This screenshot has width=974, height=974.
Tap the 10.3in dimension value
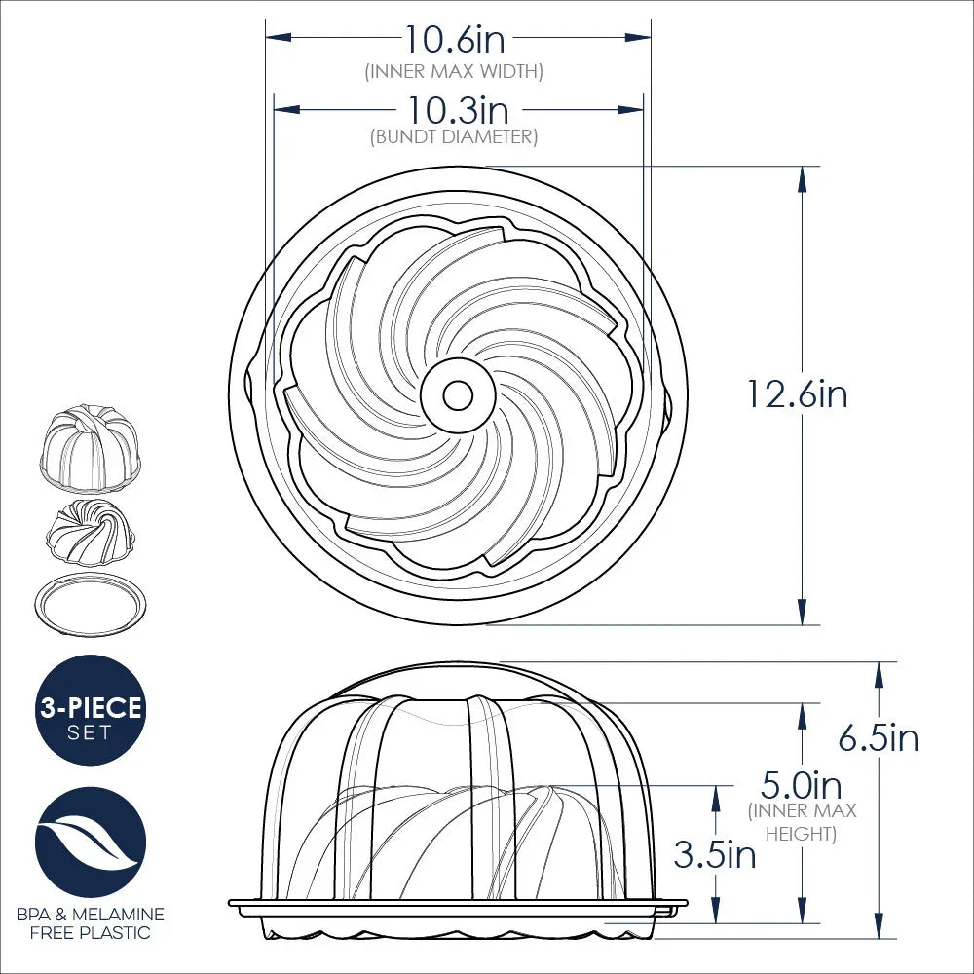(458, 109)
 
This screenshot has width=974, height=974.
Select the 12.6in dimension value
(797, 394)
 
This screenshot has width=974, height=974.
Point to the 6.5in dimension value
(879, 738)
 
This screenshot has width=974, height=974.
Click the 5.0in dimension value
(802, 784)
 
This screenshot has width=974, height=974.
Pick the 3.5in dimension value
(715, 855)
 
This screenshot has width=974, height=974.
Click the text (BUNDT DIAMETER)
(454, 137)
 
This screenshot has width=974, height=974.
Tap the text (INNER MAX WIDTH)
(454, 71)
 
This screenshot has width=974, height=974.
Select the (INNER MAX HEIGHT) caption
(802, 822)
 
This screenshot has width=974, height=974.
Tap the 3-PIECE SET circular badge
(91, 710)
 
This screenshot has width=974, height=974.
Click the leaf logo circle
(91, 842)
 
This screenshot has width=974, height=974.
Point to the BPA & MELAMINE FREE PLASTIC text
(91, 923)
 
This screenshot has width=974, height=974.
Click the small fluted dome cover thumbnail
(91, 445)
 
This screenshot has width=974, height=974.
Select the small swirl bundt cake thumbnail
(91, 533)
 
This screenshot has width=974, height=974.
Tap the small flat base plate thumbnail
(91, 604)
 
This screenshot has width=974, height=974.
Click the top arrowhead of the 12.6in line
(802, 175)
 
